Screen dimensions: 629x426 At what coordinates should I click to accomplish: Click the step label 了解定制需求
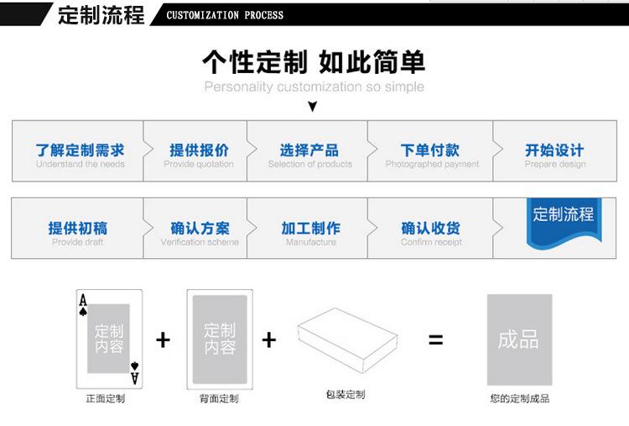[80, 150]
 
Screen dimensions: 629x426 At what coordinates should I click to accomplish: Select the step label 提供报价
[199, 150]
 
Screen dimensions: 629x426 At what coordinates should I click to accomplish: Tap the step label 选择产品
[309, 150]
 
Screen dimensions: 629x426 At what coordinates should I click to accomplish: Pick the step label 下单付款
[430, 150]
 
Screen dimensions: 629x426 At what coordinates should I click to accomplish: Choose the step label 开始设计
[554, 150]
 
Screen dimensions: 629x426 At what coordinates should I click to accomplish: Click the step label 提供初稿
[78, 228]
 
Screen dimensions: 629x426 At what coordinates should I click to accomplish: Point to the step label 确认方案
[200, 228]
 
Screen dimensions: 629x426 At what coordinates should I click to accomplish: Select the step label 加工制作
[310, 228]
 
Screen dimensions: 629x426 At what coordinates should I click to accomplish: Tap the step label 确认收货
[431, 228]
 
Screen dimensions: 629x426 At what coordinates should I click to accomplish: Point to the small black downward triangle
[313, 107]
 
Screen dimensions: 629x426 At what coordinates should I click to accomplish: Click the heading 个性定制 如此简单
[314, 61]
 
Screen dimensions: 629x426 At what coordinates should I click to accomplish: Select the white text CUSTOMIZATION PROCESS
[226, 15]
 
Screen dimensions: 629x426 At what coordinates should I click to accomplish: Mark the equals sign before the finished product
[435, 340]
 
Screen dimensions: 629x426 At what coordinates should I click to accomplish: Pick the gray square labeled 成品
[519, 339]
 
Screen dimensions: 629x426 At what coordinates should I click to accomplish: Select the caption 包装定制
[346, 394]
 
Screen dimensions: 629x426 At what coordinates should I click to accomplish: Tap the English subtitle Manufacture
[310, 242]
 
